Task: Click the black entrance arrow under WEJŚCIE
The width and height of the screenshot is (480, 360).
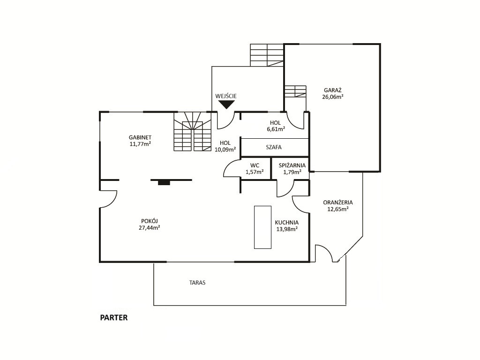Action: pos(226,105)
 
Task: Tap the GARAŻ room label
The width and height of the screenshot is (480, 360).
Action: pos(333,90)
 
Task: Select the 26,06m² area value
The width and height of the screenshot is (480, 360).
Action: pos(333,97)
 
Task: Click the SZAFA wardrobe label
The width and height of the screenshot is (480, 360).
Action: pos(274,147)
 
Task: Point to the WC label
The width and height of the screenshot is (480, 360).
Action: pos(255,165)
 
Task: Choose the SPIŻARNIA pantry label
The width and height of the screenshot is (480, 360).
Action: pos(292,165)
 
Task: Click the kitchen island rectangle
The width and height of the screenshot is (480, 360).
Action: pos(262,227)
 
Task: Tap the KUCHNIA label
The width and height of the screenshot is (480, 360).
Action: pos(287,223)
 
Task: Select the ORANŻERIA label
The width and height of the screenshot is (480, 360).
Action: pos(338,202)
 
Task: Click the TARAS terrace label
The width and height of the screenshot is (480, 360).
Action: pos(197,283)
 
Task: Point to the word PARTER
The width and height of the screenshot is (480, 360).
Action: pos(114,318)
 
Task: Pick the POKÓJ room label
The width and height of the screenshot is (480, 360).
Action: pos(150,221)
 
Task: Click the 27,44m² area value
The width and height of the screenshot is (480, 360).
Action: pos(150,228)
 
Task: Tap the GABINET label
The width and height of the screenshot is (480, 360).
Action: pos(140,137)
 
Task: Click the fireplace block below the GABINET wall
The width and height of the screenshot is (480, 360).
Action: pos(164,182)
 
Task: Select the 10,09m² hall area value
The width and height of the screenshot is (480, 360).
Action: pos(225,150)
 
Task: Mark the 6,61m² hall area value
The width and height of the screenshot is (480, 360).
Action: pos(276,129)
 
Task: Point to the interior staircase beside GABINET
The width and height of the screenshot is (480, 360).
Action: pos(193,131)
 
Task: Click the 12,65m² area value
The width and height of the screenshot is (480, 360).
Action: pos(338,209)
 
